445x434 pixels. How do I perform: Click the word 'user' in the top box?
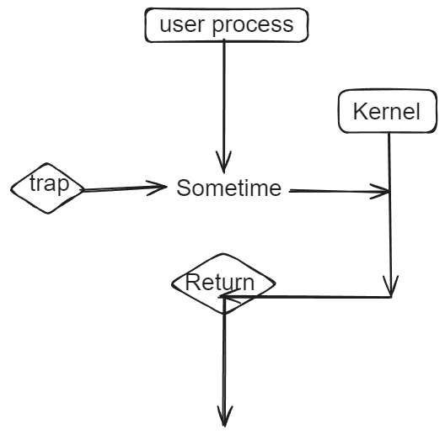[182, 24]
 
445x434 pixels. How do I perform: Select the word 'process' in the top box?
[253, 26]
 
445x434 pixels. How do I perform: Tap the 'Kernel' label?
[387, 112]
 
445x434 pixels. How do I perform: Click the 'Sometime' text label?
[229, 188]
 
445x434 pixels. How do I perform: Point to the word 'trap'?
[50, 184]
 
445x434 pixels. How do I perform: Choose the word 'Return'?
[220, 283]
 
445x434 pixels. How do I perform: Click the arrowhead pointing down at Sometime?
[224, 162]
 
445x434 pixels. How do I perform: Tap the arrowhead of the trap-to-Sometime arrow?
[156, 188]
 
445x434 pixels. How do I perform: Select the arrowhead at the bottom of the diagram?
[225, 415]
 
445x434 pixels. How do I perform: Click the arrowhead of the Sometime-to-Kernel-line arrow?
[380, 192]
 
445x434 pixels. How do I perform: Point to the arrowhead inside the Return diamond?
[229, 296]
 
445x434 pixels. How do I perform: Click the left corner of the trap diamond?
[11, 188]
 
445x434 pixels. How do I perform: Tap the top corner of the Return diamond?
[223, 254]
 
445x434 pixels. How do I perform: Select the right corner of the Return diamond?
[275, 283]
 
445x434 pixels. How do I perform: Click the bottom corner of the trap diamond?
[48, 213]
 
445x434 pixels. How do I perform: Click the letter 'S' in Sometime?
[184, 188]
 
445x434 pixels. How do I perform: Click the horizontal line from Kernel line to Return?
[307, 297]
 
